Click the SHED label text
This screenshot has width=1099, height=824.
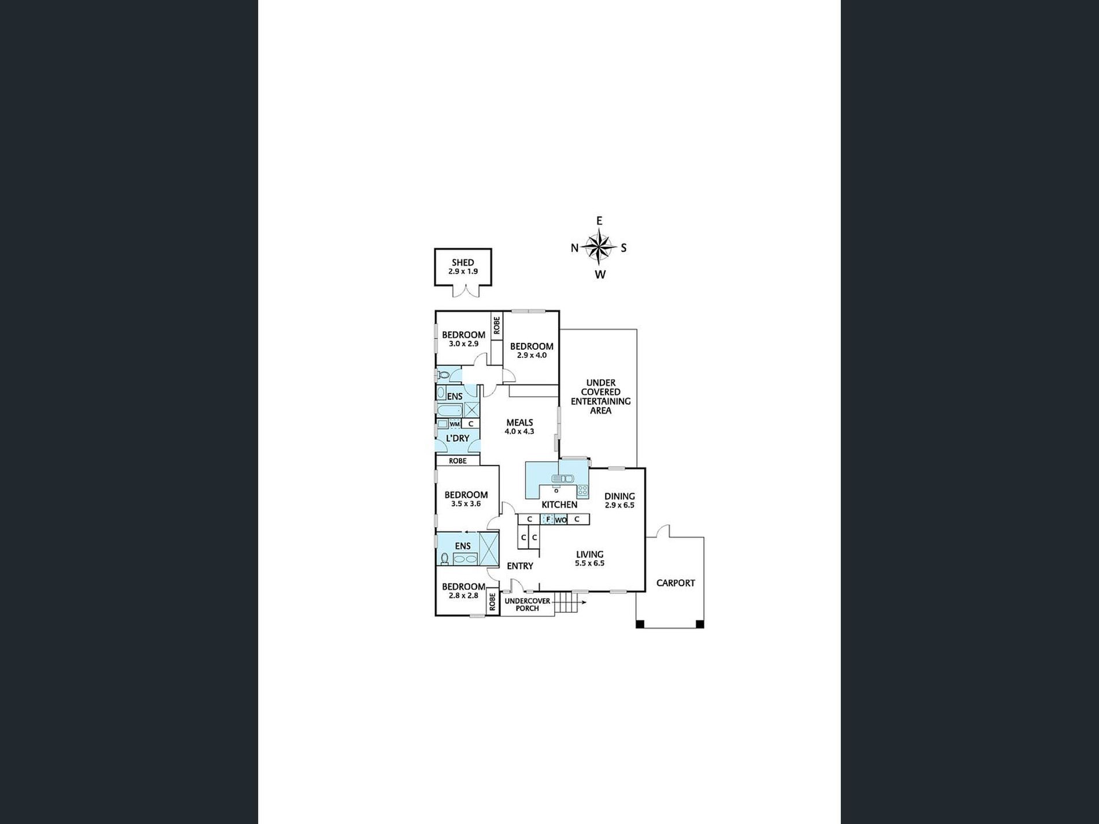point(463,263)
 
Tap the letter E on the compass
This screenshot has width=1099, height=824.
point(599,221)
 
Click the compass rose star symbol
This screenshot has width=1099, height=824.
point(599,247)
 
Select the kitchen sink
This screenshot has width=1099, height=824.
point(562,478)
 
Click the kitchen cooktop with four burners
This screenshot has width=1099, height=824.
point(582,491)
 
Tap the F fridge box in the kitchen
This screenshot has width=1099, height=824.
point(547,519)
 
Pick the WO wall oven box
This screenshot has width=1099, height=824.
point(560,520)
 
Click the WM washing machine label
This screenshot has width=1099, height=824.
point(455,424)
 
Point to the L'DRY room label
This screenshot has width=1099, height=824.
point(458,438)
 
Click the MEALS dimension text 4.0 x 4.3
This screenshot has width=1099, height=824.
point(519,431)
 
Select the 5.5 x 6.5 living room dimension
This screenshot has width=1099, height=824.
point(590,563)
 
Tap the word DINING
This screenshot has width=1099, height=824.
point(619,496)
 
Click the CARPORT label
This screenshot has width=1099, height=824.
point(676,583)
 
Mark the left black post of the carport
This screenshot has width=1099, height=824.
point(640,624)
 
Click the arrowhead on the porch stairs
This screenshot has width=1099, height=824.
point(584,603)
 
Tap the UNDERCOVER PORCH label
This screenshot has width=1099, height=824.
point(528,605)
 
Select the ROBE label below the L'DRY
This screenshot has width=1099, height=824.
point(458,461)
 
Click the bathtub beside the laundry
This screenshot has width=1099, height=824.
point(449,411)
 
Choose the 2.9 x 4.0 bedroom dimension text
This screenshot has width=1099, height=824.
point(532,355)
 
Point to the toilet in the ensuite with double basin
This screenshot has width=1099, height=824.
point(444,558)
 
